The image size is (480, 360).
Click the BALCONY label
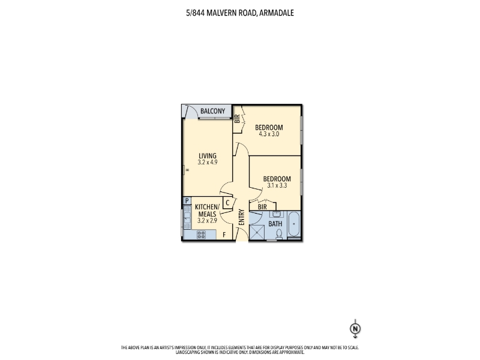[x=213, y=111]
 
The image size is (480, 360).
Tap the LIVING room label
[x=208, y=156]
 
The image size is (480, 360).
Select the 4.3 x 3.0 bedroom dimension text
[x=268, y=134]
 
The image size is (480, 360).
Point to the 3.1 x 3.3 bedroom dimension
[x=276, y=186]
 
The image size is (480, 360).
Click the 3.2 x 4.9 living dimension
[x=208, y=163]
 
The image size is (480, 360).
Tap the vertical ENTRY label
[x=241, y=217]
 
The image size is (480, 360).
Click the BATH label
[x=275, y=224]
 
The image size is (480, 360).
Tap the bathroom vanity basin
[x=277, y=214]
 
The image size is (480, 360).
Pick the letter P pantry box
[x=187, y=202]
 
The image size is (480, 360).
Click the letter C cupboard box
[x=227, y=203]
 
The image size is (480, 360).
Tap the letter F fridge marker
[x=224, y=235]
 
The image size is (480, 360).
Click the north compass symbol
[x=355, y=328]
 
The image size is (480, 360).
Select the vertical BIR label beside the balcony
[x=237, y=118]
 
